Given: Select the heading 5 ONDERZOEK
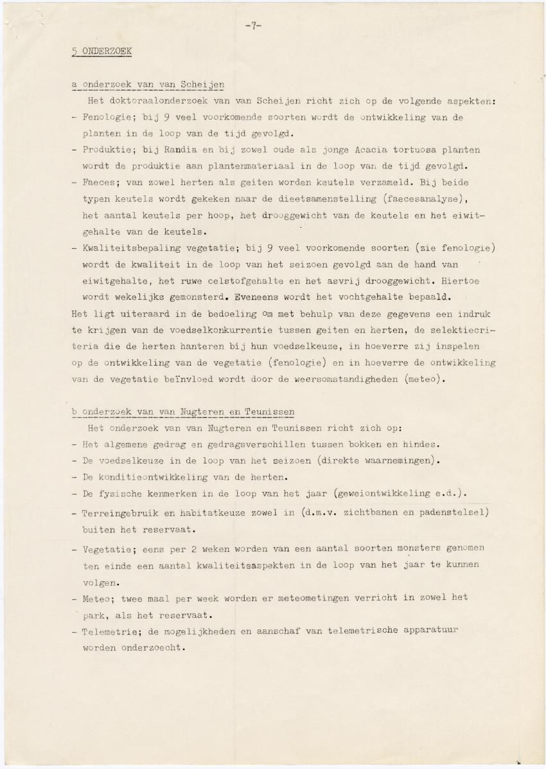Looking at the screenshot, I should coord(101,52).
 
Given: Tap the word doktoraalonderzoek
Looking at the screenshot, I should coord(161,102).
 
